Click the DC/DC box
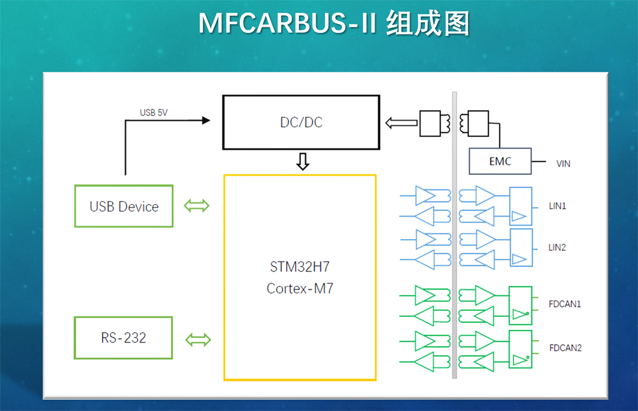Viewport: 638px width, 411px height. [x=301, y=122]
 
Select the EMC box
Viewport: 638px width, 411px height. [x=500, y=161]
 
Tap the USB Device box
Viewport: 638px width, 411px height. [x=124, y=206]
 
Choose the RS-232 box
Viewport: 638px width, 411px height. [x=123, y=338]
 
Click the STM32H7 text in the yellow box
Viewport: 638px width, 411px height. [x=300, y=267]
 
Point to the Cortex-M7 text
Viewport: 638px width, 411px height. [x=300, y=288]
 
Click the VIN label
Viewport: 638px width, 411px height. [x=563, y=164]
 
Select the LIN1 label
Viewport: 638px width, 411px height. [x=557, y=205]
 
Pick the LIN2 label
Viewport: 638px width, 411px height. [x=557, y=247]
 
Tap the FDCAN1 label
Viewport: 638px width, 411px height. [x=565, y=305]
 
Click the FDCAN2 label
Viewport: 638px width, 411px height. [x=565, y=347]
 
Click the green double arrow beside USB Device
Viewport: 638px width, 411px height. [x=198, y=206]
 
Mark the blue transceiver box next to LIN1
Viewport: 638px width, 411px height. [x=521, y=206]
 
